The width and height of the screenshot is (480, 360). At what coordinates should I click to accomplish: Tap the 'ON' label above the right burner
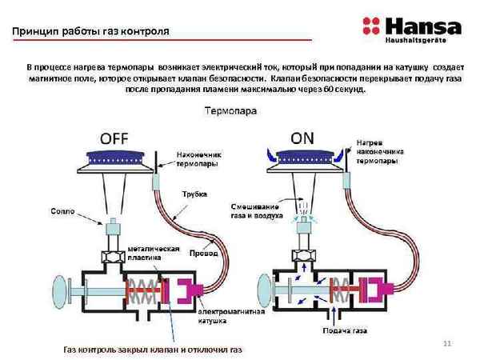(x=302, y=138)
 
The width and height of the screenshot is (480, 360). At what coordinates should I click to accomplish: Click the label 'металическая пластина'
(x=146, y=253)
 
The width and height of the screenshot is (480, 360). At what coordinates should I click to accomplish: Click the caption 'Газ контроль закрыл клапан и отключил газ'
(x=151, y=350)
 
